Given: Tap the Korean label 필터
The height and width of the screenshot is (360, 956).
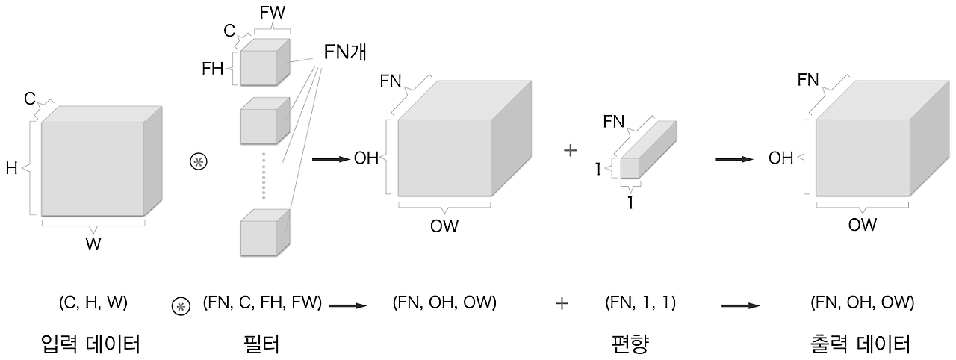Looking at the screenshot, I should (x=261, y=344).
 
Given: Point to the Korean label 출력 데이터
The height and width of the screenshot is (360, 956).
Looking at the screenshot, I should (x=860, y=344).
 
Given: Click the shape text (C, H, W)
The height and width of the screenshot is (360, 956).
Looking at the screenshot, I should (x=93, y=303).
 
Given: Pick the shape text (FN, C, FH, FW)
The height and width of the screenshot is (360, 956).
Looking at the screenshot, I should (x=262, y=303).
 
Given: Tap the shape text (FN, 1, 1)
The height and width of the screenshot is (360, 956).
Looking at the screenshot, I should (x=640, y=303).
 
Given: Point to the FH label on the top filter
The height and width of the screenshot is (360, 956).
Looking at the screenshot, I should (x=213, y=69).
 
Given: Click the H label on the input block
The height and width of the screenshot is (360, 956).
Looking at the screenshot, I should (x=11, y=169).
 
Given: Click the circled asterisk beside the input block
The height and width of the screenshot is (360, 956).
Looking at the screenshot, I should (x=198, y=162).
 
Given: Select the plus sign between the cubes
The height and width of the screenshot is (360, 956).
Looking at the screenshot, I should (x=570, y=151).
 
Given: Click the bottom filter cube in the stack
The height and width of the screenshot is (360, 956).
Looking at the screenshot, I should (x=264, y=233).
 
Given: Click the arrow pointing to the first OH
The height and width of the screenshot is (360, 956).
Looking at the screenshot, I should (x=331, y=158).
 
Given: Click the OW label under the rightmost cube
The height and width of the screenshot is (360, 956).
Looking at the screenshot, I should (x=862, y=224).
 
